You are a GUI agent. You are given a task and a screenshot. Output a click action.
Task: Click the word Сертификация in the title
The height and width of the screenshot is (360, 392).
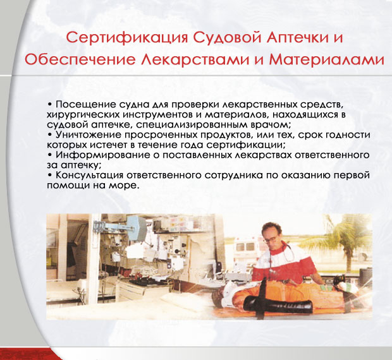tap(127, 38)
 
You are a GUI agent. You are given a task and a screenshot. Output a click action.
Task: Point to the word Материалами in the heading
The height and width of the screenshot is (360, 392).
tap(326, 60)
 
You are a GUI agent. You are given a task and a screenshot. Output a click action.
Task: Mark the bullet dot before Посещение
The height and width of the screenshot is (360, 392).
tap(50, 105)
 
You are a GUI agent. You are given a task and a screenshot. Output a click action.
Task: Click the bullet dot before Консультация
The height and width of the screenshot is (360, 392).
tap(50, 175)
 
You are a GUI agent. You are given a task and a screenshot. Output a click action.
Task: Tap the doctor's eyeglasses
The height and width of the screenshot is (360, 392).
tap(271, 239)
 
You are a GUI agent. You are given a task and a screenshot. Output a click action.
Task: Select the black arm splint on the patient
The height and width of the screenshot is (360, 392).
tap(278, 304)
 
